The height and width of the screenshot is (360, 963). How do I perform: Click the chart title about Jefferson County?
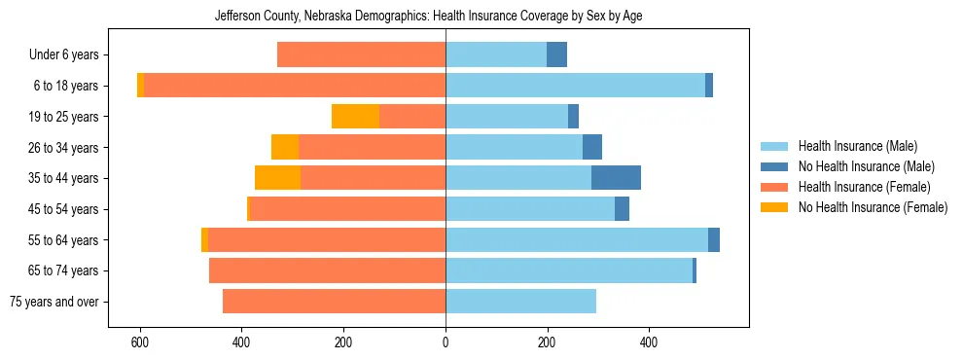click(428, 16)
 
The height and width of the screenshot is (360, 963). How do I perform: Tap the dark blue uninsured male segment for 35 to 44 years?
click(616, 178)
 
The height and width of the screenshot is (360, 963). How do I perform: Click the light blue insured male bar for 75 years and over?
click(520, 302)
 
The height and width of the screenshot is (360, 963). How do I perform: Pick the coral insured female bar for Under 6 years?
click(361, 54)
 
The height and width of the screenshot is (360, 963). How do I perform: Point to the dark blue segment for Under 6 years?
click(556, 54)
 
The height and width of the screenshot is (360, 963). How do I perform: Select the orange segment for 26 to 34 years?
click(285, 147)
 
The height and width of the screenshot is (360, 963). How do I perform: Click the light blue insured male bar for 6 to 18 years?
click(575, 86)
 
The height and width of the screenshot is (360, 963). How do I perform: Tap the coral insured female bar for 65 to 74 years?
click(327, 270)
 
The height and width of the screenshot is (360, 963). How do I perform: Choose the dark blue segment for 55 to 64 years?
click(714, 239)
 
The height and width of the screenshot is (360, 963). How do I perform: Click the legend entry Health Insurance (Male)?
click(857, 146)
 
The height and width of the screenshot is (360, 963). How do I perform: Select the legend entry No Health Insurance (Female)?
click(873, 207)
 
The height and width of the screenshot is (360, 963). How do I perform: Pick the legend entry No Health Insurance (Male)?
click(866, 166)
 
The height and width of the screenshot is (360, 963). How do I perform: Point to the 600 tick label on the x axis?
click(140, 342)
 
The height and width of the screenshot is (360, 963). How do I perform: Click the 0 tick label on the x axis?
click(446, 342)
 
